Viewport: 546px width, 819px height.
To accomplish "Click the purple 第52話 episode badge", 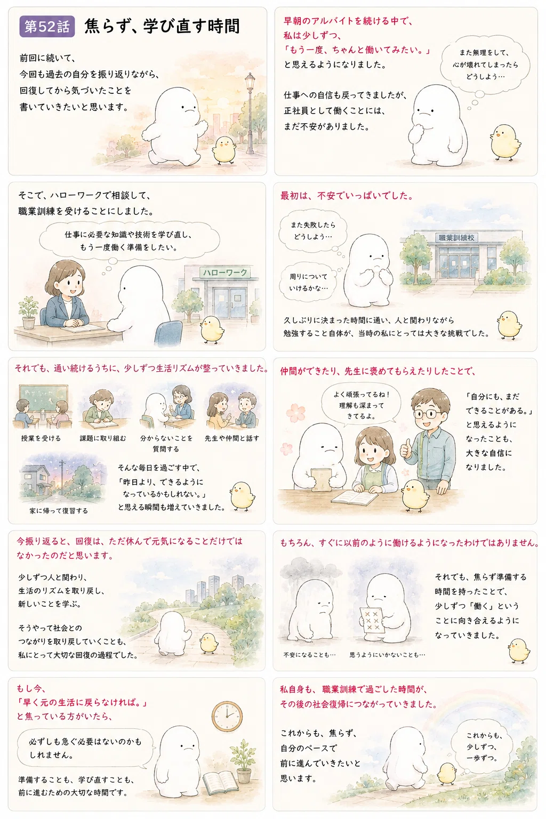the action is tap(47, 27).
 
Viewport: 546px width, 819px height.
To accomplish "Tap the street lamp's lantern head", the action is tap(250, 82).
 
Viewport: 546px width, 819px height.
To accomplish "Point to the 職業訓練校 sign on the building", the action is tap(456, 238).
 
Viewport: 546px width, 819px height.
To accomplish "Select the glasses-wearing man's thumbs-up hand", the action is tap(406, 449).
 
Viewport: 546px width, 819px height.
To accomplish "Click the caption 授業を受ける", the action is tap(41, 438).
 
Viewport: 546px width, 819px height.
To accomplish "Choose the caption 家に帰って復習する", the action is tap(59, 511).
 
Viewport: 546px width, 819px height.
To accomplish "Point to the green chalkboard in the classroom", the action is tap(44, 397).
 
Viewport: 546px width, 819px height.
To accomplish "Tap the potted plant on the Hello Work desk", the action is tap(28, 312).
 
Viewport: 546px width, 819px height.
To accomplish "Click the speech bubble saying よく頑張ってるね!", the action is tap(361, 405).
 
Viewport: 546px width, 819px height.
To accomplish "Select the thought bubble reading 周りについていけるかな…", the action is tap(308, 282).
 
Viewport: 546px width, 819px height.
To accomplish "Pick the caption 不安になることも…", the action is tap(309, 655).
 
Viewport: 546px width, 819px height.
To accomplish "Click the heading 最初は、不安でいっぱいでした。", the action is tap(347, 196).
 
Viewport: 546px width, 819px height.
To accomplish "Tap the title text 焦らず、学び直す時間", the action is tap(162, 26).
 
